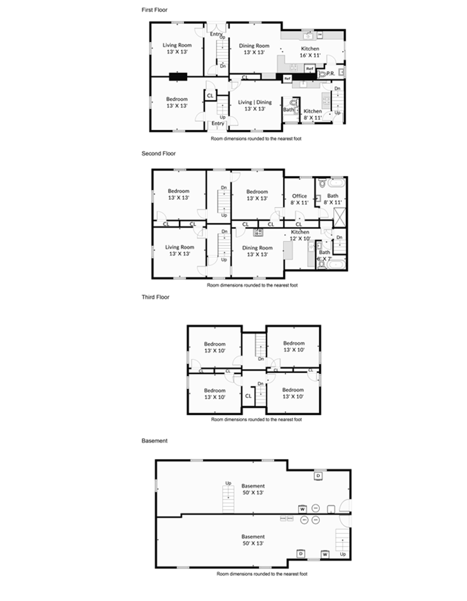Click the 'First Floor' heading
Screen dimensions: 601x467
(x=155, y=9)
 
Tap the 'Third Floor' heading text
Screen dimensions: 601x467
(x=156, y=296)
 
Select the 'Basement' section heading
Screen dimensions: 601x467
(x=154, y=441)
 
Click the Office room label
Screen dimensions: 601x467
(x=299, y=196)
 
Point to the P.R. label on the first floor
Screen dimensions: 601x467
(x=330, y=74)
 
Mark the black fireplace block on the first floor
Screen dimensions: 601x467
(x=178, y=78)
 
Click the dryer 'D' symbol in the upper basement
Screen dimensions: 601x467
(x=318, y=476)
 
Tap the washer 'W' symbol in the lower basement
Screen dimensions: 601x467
(x=325, y=554)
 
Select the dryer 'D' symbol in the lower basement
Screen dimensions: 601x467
(x=301, y=554)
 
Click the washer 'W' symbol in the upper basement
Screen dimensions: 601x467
(x=303, y=508)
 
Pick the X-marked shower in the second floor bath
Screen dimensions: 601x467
(x=338, y=218)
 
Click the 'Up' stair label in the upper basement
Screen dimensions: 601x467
(x=228, y=483)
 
